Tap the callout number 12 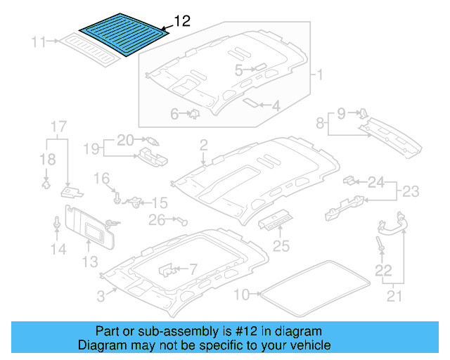coord(181,22)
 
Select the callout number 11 coord(39,42)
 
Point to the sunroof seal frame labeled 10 coord(312,288)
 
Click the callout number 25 coord(281,246)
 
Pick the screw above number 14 coord(56,223)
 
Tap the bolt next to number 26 coord(184,221)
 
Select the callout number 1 coord(318,75)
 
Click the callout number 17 coord(58,127)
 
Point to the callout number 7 coord(193,268)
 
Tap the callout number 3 coord(101,297)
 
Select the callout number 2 coord(203,146)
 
